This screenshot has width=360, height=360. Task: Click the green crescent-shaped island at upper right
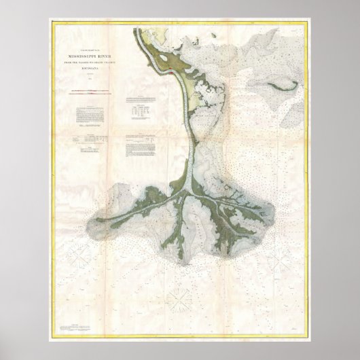tap(280, 86)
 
